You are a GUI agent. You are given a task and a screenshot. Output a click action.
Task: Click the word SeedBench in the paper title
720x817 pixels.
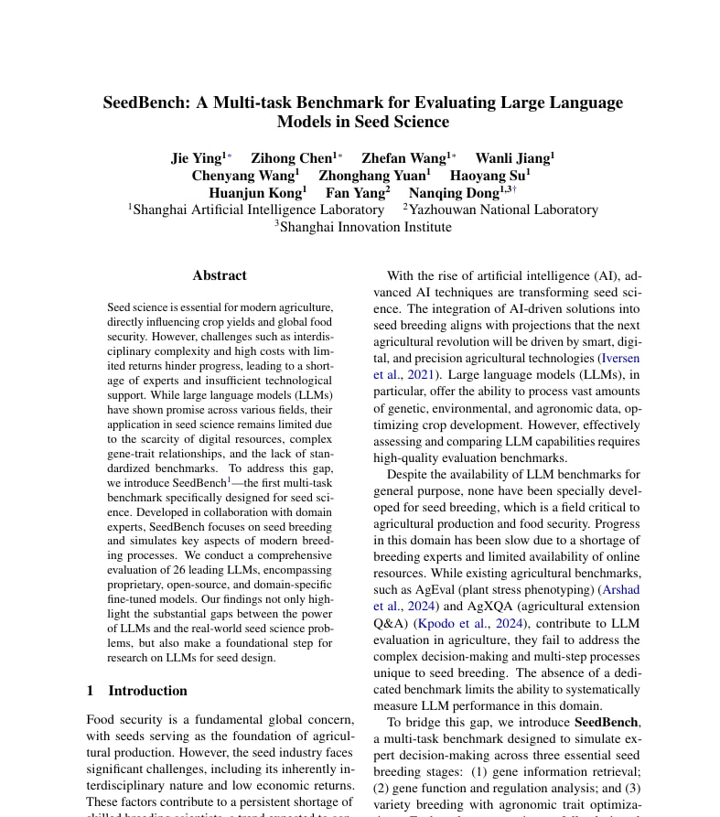(146, 102)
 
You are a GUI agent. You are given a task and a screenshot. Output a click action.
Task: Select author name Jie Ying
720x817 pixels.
(197, 158)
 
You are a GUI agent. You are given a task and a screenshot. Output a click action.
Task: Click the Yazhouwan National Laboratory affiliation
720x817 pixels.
(503, 210)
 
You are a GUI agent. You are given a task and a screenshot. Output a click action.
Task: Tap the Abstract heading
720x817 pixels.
(220, 275)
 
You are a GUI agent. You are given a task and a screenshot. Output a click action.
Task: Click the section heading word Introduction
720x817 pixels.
(147, 691)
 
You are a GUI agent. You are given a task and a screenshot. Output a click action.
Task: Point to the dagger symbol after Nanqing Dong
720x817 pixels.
(514, 189)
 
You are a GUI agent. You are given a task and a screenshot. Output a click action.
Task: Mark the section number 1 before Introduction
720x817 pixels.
(90, 691)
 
